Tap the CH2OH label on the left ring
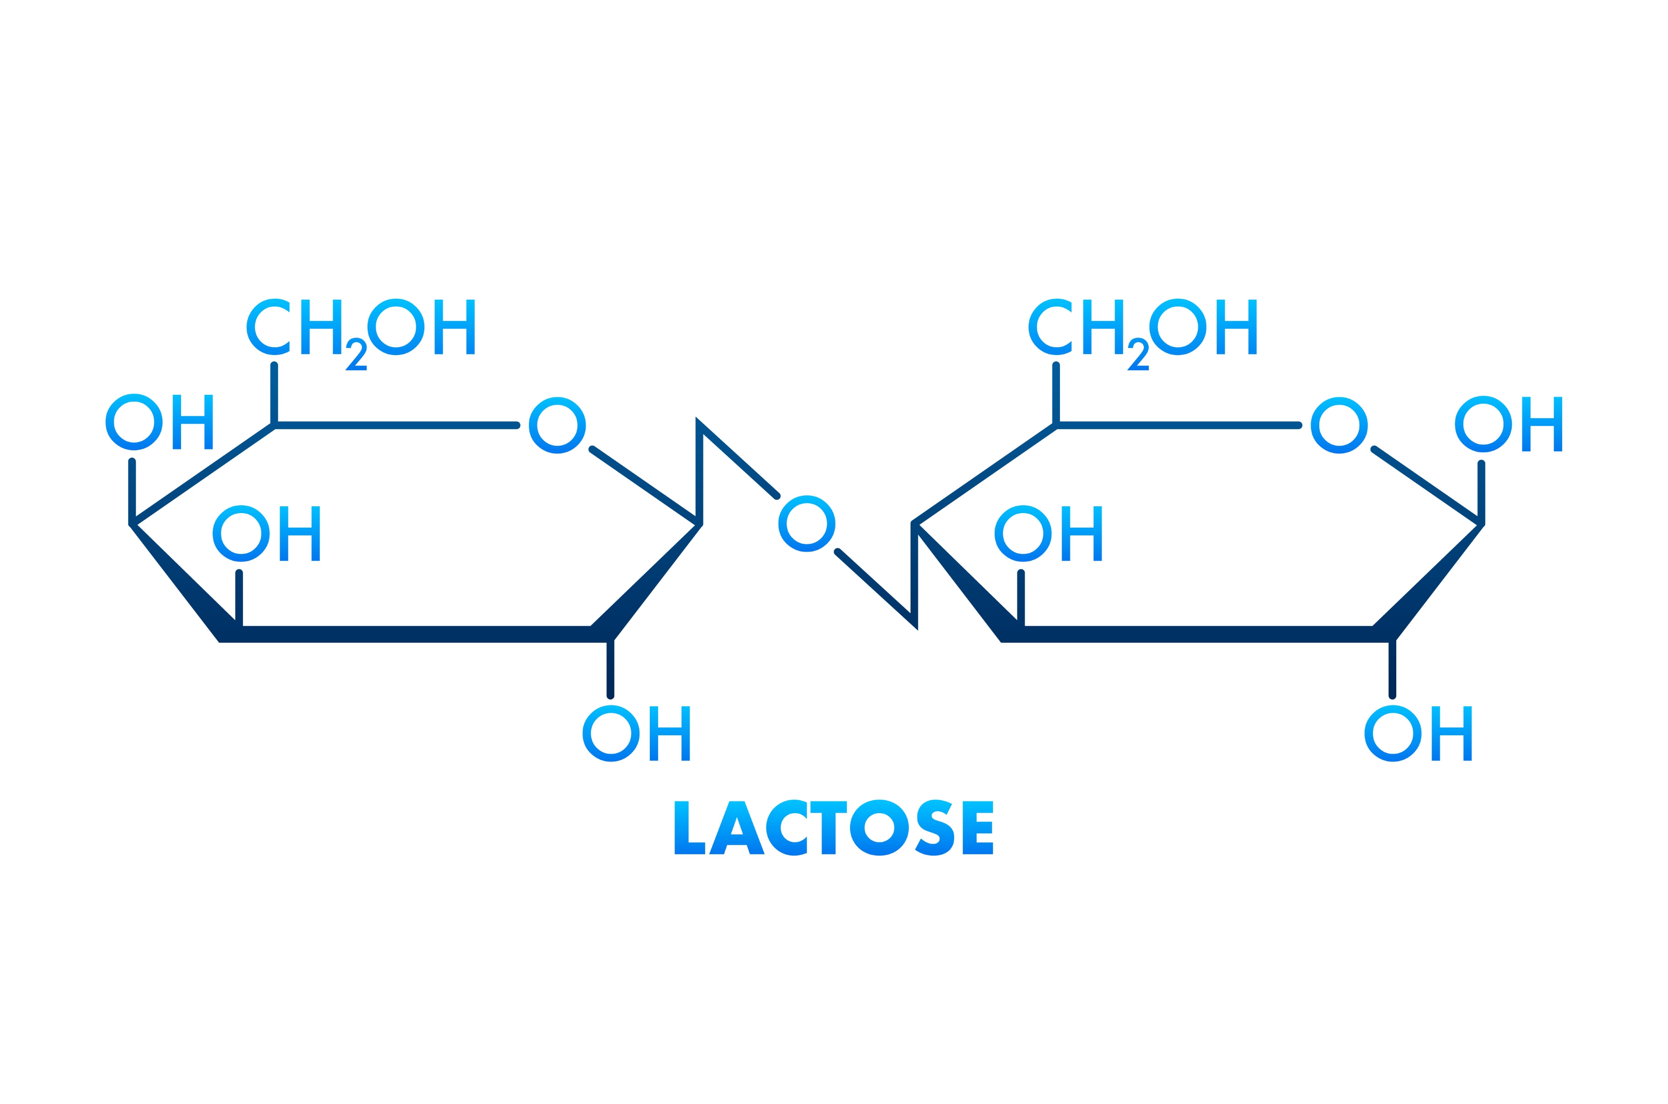[x=361, y=331]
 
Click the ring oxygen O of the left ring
[x=557, y=425]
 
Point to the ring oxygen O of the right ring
[x=1339, y=425]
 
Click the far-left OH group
[x=159, y=422]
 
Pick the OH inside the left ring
[x=266, y=534]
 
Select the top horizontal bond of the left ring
[x=396, y=425]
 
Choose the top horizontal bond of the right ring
[x=1178, y=425]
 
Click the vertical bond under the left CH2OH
[x=274, y=394]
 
